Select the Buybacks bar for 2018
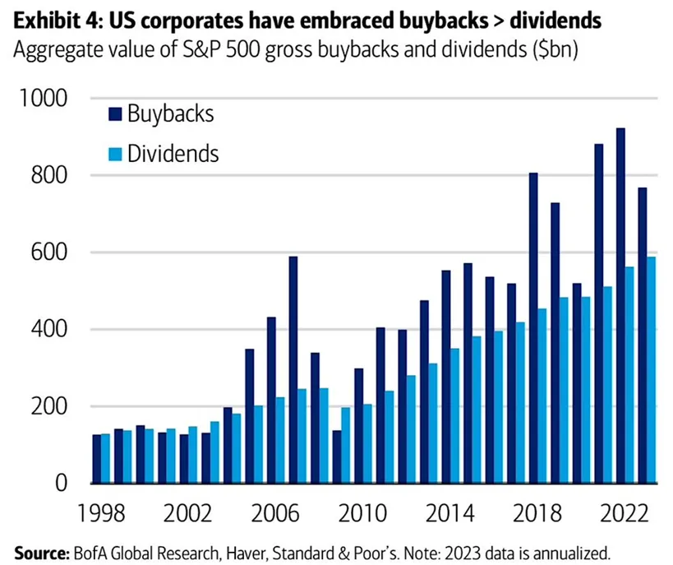click(532, 328)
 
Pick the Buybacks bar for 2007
click(293, 370)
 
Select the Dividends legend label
click(173, 153)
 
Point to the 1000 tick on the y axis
click(47, 100)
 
